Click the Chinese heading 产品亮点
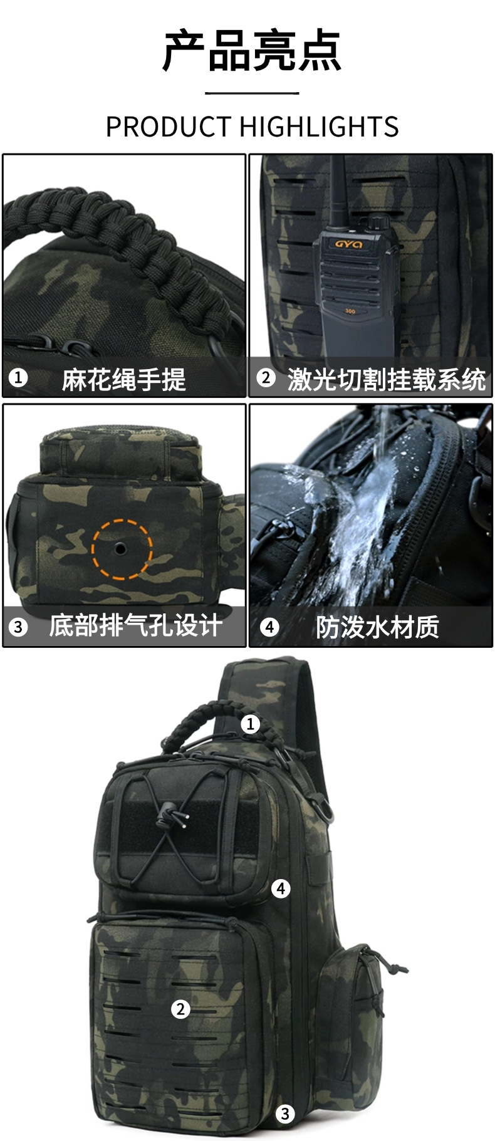point(252,51)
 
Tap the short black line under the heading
point(252,93)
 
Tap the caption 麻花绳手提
point(124,380)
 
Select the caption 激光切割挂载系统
point(387,380)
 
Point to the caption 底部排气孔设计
point(136,626)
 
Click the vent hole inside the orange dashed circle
point(120,549)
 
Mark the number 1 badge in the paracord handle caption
point(18,378)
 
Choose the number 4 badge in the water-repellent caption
point(269,626)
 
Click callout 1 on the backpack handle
point(250,724)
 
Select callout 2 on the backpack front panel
point(180,1008)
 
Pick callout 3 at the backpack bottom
point(285,1113)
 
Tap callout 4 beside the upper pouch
point(281,888)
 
